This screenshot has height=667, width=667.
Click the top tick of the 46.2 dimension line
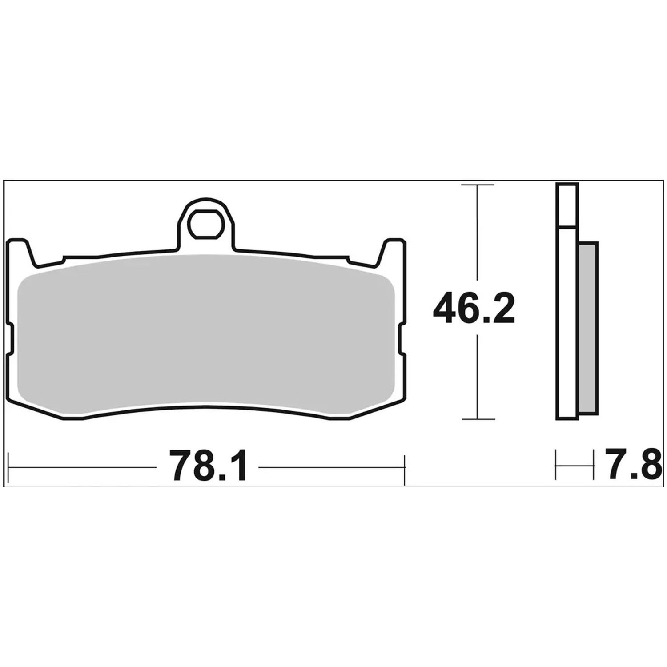tap(478, 185)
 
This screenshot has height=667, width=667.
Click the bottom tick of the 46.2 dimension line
tap(478, 419)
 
